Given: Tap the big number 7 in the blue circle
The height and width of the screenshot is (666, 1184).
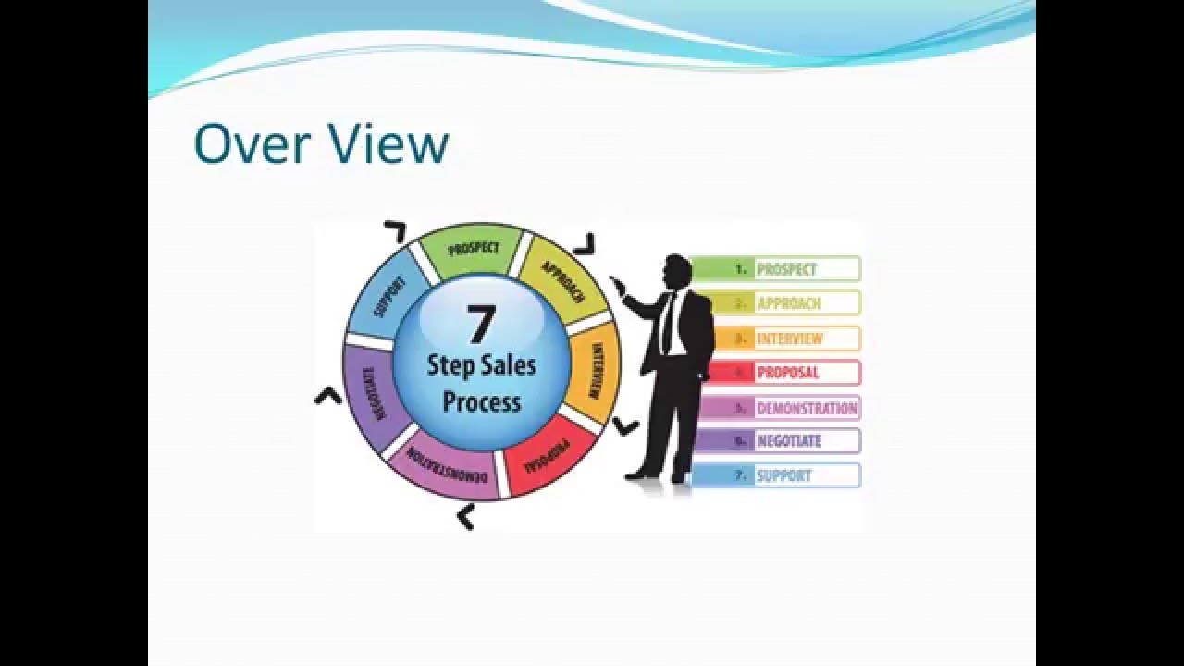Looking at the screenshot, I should click(x=481, y=325).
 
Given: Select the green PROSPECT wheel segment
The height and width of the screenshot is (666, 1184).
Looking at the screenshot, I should click(x=473, y=249).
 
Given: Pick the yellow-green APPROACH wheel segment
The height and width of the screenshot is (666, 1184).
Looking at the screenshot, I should click(x=561, y=278).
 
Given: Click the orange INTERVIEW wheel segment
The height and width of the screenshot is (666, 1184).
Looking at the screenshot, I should click(x=596, y=368).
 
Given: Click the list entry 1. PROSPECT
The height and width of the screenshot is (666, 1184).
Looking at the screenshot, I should click(x=775, y=269).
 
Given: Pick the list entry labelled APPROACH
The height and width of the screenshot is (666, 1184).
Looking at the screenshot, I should click(x=775, y=303).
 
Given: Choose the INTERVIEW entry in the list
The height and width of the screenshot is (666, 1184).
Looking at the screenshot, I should click(x=775, y=339).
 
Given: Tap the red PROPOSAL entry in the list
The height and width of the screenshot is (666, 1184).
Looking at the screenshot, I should click(x=775, y=373).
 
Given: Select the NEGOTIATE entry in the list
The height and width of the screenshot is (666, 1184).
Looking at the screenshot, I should click(x=775, y=441).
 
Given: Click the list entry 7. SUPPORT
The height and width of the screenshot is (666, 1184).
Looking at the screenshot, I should click(x=775, y=475).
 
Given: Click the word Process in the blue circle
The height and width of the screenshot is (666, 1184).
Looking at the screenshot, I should click(x=481, y=401).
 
